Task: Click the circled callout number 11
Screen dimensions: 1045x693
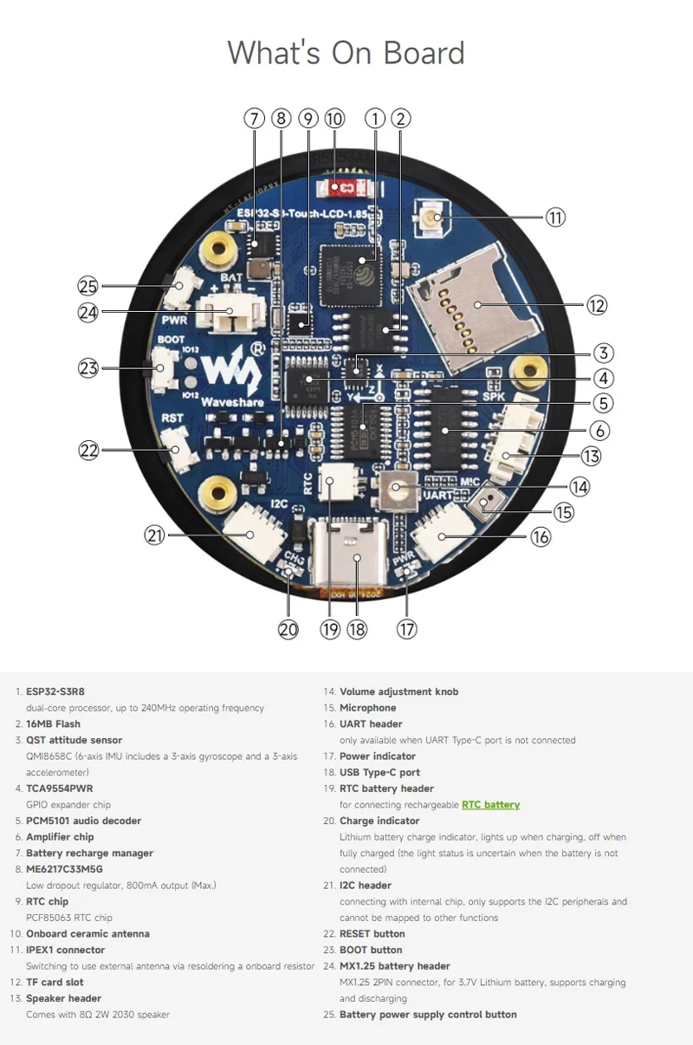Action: (555, 217)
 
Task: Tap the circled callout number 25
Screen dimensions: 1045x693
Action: (88, 286)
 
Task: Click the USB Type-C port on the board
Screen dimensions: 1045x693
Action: (353, 553)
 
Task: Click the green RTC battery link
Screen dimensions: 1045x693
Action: (490, 805)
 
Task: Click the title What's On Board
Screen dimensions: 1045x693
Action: (346, 53)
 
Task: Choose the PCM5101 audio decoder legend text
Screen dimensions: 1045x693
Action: (83, 821)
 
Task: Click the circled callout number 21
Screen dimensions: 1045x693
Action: (155, 536)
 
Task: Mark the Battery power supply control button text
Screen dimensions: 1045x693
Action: (428, 1015)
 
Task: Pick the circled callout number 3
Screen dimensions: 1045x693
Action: (604, 353)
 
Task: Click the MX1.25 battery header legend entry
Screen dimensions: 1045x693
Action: (394, 966)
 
